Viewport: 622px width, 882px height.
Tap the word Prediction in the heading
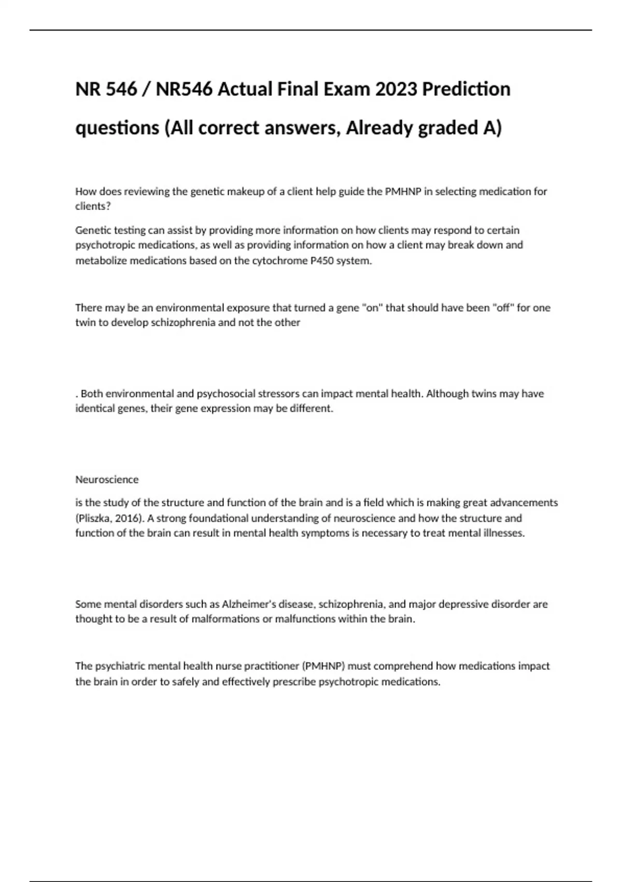click(x=466, y=89)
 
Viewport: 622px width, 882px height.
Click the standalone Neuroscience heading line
click(x=107, y=479)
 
